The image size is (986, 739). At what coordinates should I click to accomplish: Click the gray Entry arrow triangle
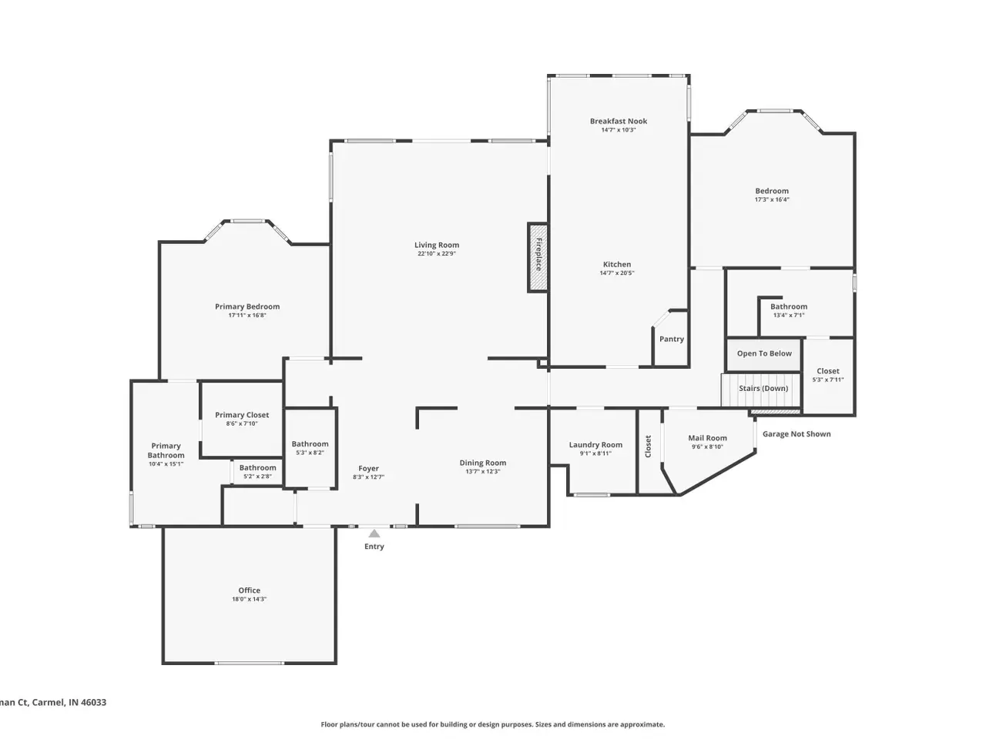point(374,533)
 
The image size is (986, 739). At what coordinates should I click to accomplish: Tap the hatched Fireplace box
point(538,258)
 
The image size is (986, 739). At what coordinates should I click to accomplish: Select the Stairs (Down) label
point(763,388)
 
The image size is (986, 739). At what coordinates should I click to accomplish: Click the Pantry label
point(671,339)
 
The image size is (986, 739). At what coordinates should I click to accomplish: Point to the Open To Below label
point(763,353)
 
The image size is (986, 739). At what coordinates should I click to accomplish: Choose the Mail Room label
point(707,437)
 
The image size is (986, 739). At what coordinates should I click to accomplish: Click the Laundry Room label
point(595,444)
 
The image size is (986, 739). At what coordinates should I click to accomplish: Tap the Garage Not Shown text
point(796,433)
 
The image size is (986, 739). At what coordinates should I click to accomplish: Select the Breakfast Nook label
point(618,121)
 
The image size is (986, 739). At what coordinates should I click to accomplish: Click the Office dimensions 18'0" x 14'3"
point(249,599)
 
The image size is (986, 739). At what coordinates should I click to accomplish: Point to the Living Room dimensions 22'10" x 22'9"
point(436,253)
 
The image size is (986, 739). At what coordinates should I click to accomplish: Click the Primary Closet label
point(242,415)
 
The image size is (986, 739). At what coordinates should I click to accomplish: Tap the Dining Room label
point(482,462)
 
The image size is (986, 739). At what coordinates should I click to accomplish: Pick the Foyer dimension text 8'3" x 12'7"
point(368,477)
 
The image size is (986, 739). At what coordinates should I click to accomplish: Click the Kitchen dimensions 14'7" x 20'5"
point(617,273)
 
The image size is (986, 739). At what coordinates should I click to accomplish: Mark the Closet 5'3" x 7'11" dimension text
point(827,380)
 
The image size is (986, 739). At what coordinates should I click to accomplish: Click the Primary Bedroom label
point(247,306)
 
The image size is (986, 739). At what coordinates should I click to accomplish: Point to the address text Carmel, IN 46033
point(69,702)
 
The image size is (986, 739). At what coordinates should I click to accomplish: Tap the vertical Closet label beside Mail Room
point(648,446)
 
